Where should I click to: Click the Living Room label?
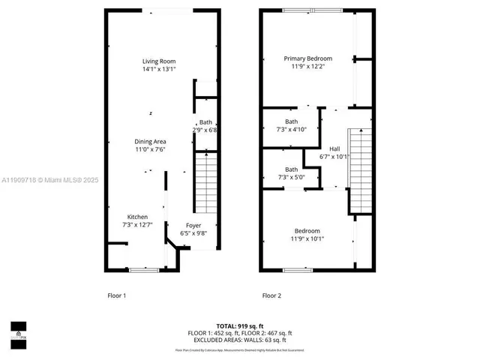coord(159,61)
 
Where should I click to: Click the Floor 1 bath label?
coord(205,122)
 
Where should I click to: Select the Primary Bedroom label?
coord(307,58)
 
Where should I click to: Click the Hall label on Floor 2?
coord(334,148)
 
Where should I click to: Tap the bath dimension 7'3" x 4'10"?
coord(291,130)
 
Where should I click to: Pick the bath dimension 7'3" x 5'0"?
coord(291,177)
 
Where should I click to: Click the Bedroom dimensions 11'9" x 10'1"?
coord(307,239)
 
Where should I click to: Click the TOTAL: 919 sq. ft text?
coord(240,325)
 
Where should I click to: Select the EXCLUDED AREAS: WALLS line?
coord(240,340)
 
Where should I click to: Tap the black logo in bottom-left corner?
coord(18,331)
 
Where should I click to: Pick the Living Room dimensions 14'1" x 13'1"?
coord(159,70)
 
